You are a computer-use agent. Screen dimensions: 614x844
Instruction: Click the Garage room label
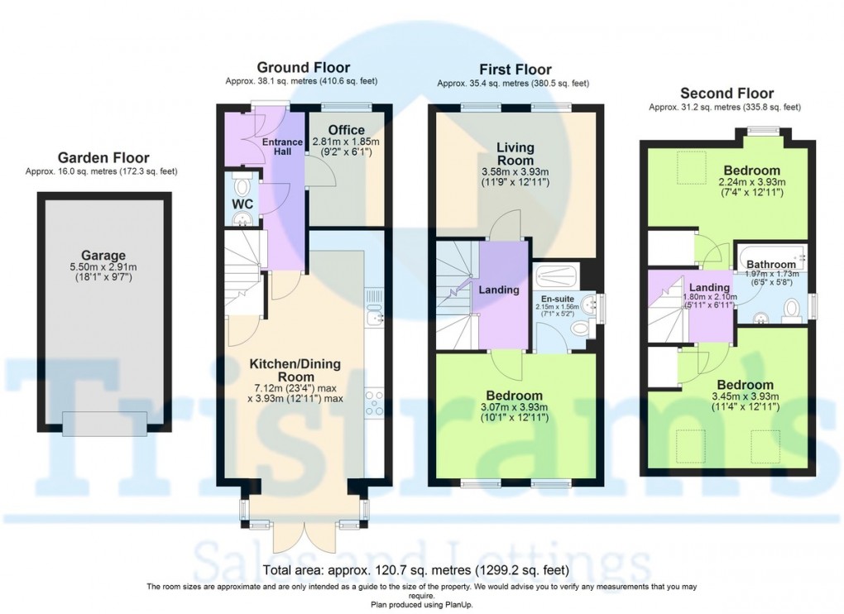pyautogui.click(x=103, y=255)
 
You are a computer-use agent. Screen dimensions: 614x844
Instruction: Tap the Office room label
pyautogui.click(x=346, y=130)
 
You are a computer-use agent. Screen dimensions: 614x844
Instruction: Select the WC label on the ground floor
pyautogui.click(x=242, y=203)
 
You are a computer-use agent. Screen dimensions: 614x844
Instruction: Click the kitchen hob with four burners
pyautogui.click(x=374, y=404)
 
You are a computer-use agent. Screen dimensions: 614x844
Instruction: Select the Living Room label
pyautogui.click(x=516, y=153)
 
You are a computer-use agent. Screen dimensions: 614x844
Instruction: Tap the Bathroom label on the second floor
pyautogui.click(x=770, y=265)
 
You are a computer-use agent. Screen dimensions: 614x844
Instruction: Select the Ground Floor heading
pyautogui.click(x=303, y=68)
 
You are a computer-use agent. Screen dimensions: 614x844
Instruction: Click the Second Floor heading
pyautogui.click(x=727, y=94)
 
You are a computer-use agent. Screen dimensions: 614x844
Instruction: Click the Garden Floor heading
pyautogui.click(x=103, y=157)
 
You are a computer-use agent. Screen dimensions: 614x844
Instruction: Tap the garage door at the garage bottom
pyautogui.click(x=105, y=422)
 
